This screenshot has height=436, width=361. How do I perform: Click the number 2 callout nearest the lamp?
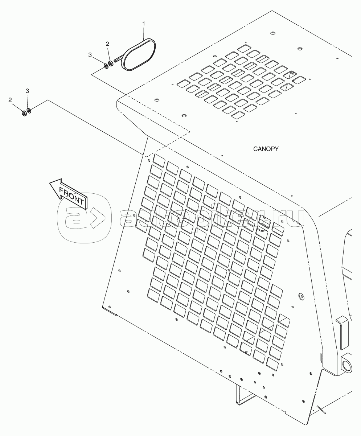coord(107,44)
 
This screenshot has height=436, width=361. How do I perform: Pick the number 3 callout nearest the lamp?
coord(90,55)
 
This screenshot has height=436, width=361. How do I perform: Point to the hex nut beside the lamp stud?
coord(111,64)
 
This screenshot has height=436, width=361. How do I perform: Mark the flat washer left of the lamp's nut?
coord(106,66)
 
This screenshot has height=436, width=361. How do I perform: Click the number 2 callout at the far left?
coord(10,99)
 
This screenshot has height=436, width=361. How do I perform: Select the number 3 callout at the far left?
coord(27,91)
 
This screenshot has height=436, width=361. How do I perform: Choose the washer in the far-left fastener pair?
coord(29,111)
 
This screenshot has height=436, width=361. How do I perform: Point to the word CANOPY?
coord(266,149)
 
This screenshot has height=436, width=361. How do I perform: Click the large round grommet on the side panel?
coord(301,296)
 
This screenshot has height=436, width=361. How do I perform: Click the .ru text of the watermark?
coord(290,218)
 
